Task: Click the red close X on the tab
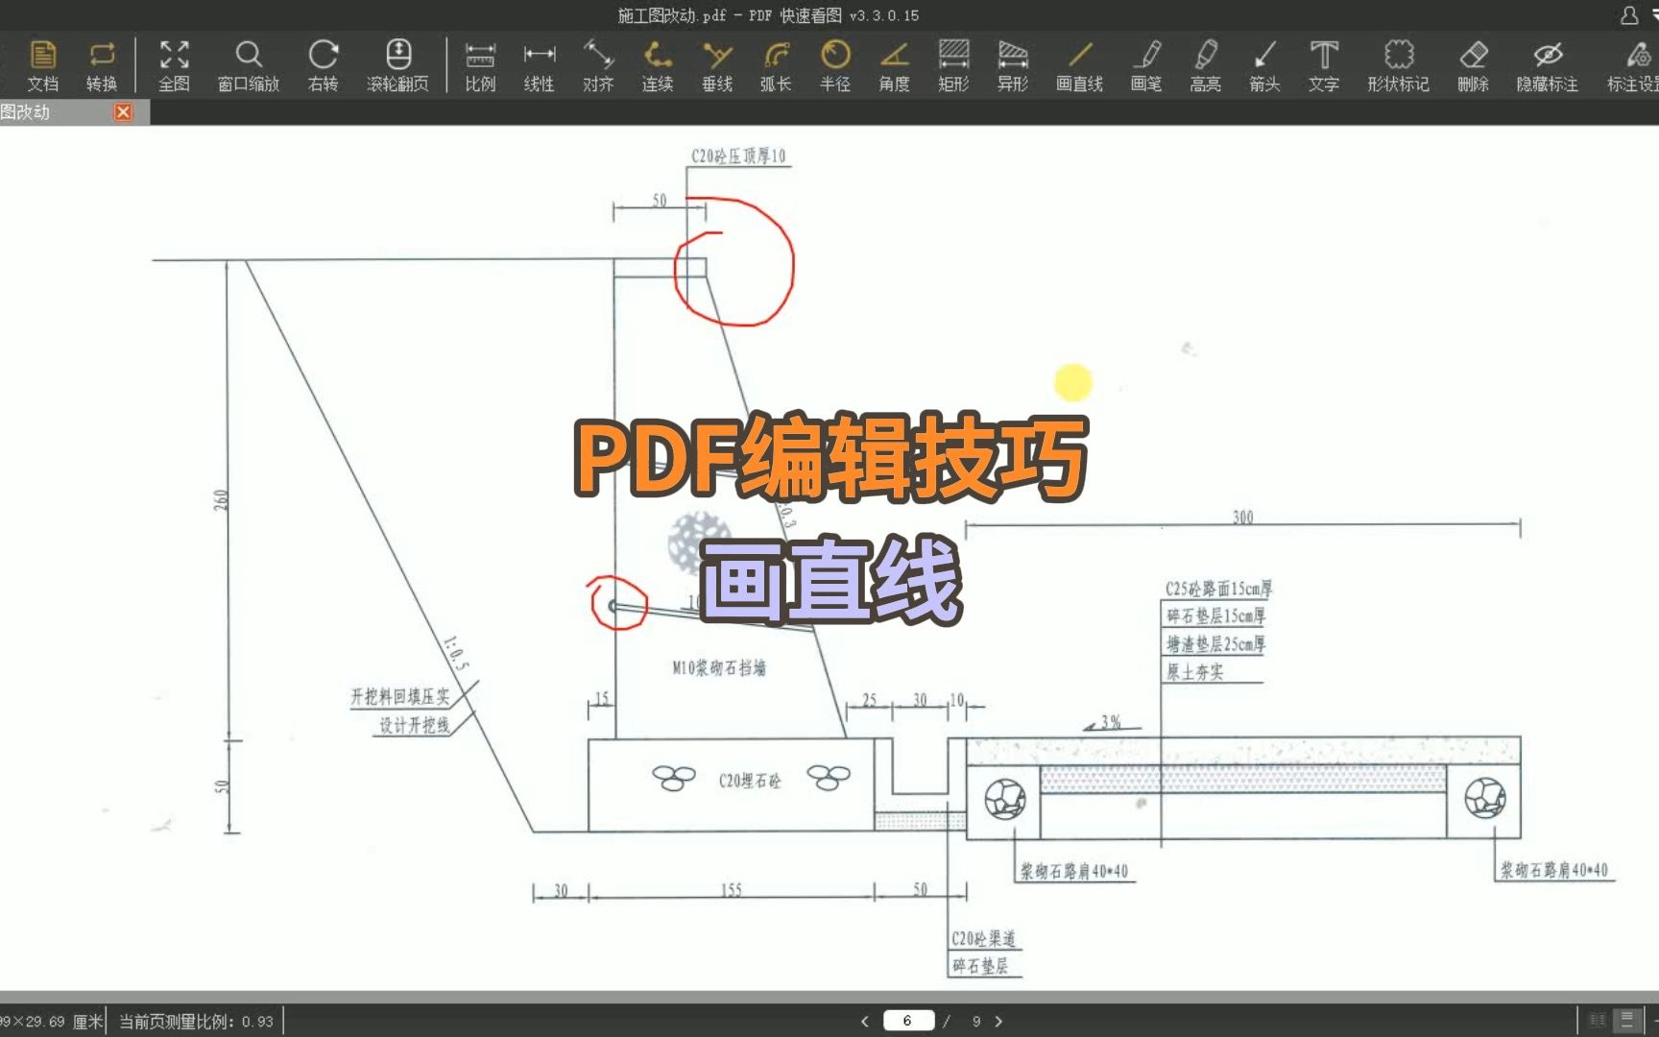(x=123, y=112)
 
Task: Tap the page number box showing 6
(x=907, y=1021)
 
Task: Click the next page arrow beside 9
(x=998, y=1021)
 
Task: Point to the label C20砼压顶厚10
(x=738, y=157)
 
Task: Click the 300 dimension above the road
(x=1242, y=518)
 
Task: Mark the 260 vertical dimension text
(x=222, y=500)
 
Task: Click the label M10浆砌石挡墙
(x=719, y=668)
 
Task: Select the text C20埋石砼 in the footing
(x=750, y=782)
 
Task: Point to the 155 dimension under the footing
(x=732, y=890)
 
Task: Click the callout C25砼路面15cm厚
(x=1218, y=589)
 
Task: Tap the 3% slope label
(x=1111, y=722)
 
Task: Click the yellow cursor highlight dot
(x=1073, y=382)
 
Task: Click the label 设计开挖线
(x=414, y=725)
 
